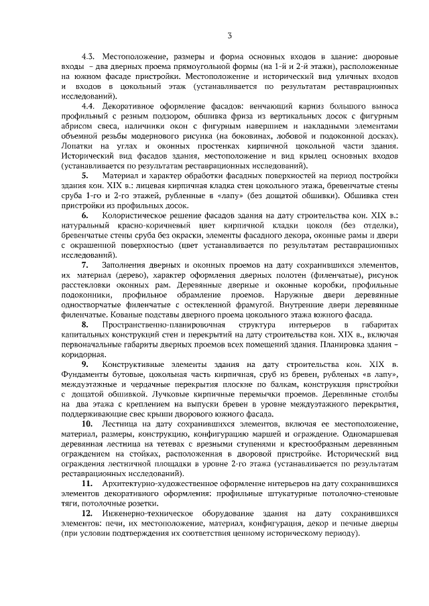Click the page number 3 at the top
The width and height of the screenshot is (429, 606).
click(229, 35)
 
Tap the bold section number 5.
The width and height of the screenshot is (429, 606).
click(86, 175)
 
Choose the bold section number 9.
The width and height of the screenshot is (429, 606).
click(86, 363)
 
